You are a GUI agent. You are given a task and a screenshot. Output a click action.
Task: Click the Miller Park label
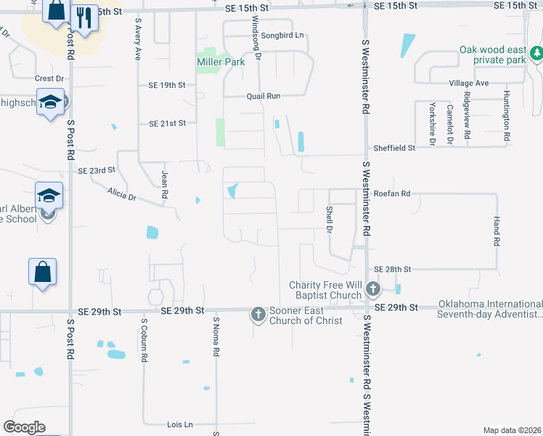pyautogui.click(x=220, y=62)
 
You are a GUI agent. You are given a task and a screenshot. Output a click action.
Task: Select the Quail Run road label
pyautogui.click(x=263, y=96)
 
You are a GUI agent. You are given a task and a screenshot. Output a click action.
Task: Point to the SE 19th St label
pyautogui.click(x=167, y=85)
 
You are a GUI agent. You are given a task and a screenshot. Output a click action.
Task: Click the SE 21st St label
pyautogui.click(x=168, y=124)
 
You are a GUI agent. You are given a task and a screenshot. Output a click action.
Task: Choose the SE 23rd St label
pyautogui.click(x=97, y=170)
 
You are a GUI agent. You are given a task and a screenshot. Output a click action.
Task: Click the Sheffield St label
pyautogui.click(x=394, y=148)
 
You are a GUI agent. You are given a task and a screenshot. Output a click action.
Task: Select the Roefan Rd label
pyautogui.click(x=393, y=194)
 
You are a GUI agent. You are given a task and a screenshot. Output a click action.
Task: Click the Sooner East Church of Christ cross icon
pyautogui.click(x=258, y=315)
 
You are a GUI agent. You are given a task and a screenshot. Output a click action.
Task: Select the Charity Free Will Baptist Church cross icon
pyautogui.click(x=372, y=290)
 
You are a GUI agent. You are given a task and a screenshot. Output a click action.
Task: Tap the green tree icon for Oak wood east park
pyautogui.click(x=536, y=53)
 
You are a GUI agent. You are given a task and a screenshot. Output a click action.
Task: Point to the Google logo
pyautogui.click(x=24, y=427)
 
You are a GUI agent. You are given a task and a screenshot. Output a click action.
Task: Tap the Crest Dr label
pyautogui.click(x=49, y=78)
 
